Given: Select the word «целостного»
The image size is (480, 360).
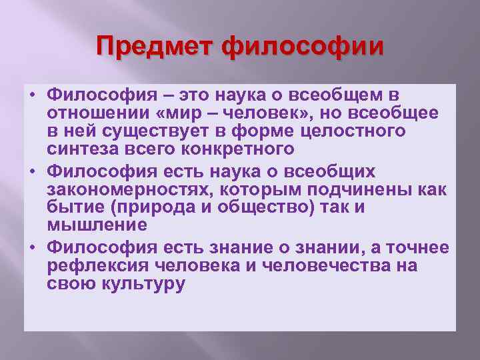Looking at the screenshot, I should [x=353, y=132].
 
